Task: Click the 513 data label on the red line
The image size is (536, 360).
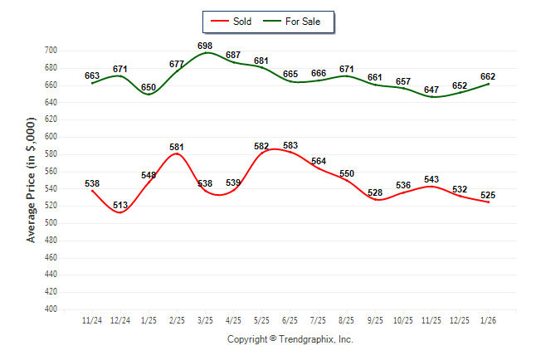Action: click(x=121, y=205)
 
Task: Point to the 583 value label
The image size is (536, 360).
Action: click(x=290, y=146)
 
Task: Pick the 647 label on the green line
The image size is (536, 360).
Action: click(x=431, y=89)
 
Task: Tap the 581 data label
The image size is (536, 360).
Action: click(x=177, y=147)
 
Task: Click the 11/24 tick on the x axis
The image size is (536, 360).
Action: click(x=93, y=319)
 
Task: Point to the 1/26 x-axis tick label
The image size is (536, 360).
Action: click(x=488, y=319)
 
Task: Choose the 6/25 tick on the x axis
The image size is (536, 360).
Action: click(x=290, y=319)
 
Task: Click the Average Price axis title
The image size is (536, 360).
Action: click(x=32, y=179)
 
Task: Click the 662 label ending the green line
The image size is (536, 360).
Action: click(x=488, y=75)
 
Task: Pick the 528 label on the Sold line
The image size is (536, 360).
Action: click(x=375, y=192)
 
